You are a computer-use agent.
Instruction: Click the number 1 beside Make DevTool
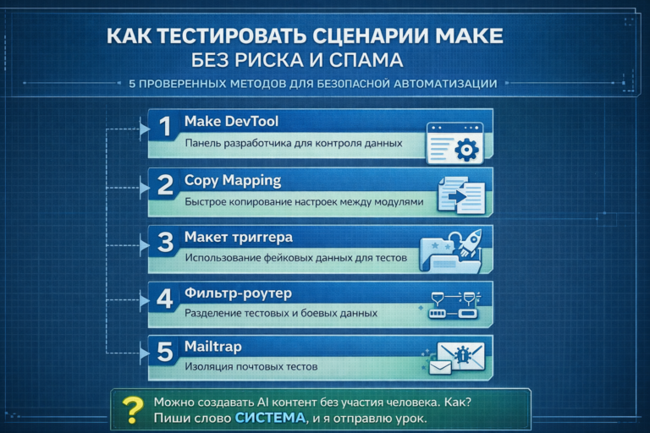click(165, 127)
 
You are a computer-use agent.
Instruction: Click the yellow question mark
click(131, 409)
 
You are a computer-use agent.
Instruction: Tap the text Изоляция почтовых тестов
click(251, 366)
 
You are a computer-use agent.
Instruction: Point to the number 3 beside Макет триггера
click(166, 242)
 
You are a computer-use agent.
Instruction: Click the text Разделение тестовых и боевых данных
click(281, 312)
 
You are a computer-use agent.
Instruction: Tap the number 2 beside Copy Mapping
click(166, 184)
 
